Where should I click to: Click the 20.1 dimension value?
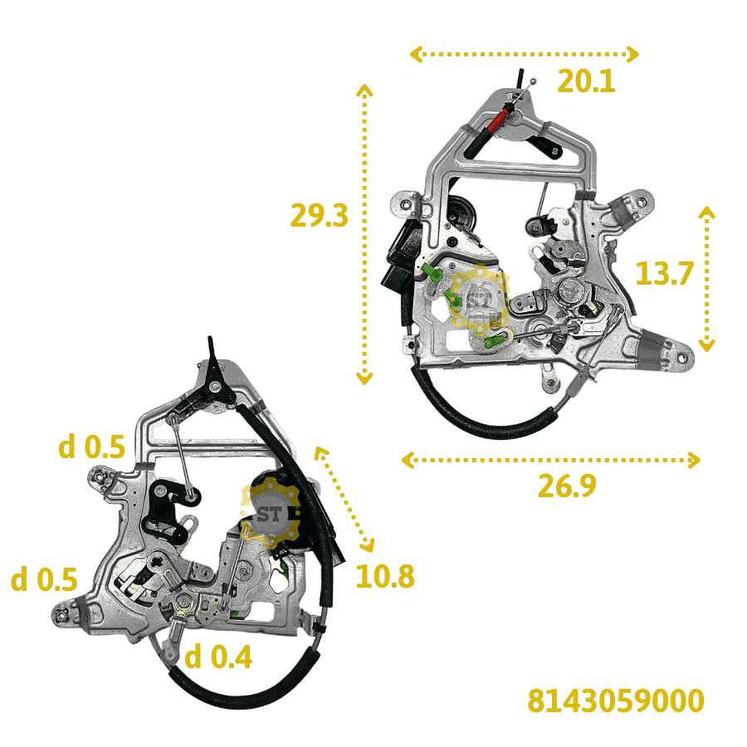pos(586,81)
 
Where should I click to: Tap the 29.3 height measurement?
pos(320,215)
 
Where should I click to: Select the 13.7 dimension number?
pos(665,273)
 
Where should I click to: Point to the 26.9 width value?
pos(567,486)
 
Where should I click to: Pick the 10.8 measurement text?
pos(385,576)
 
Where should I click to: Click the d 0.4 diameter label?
pos(217,657)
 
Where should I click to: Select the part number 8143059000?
pos(616,701)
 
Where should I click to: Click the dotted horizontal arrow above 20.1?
pos(524,54)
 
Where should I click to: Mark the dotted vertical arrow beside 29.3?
pos(364,234)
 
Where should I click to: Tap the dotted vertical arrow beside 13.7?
pos(706,279)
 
